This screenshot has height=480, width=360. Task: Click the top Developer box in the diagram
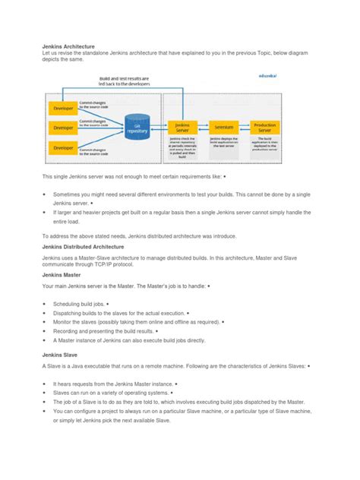[60, 107]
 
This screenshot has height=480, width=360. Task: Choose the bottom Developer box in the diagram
[60, 147]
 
